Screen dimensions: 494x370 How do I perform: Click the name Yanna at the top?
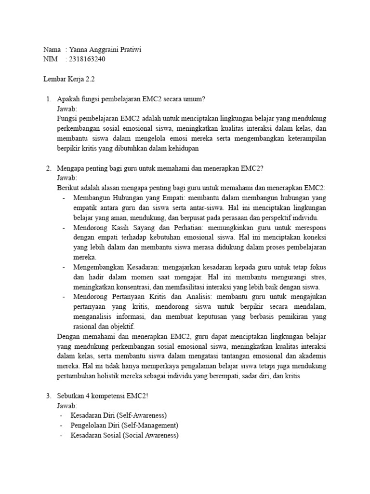79,50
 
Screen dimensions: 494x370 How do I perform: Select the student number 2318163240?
88,59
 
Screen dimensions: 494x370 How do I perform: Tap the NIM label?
51,59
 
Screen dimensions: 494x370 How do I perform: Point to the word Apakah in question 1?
69,99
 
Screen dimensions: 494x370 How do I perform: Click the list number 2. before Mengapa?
49,168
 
